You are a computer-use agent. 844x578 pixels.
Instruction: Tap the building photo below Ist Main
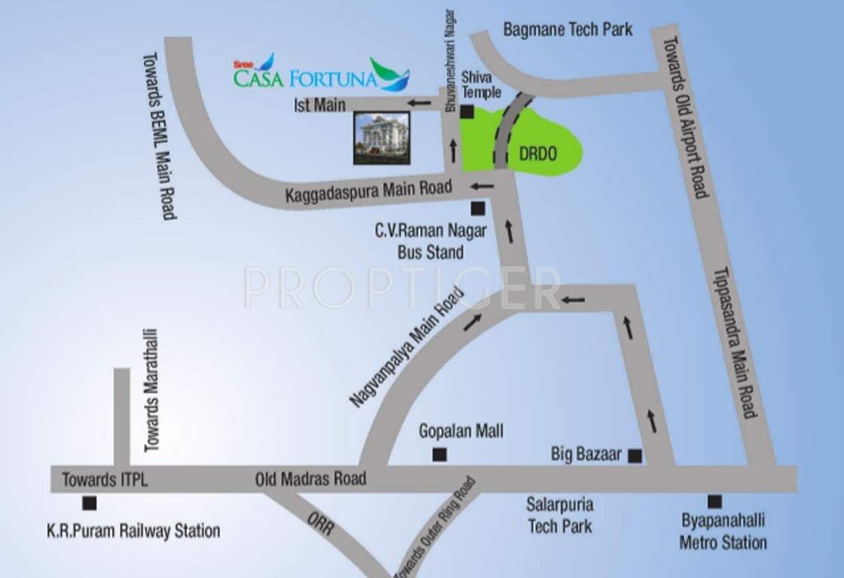pyautogui.click(x=382, y=138)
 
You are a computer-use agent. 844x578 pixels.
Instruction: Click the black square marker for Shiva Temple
pyautogui.click(x=467, y=113)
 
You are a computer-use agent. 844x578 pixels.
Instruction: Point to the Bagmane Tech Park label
pyautogui.click(x=567, y=30)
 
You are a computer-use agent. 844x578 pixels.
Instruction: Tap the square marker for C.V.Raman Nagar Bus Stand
pyautogui.click(x=476, y=208)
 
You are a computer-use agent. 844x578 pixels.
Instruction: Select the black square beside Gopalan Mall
pyautogui.click(x=439, y=455)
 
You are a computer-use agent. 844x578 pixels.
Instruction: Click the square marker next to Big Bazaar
pyautogui.click(x=635, y=455)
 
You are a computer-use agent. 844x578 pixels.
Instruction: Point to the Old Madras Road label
pyautogui.click(x=310, y=478)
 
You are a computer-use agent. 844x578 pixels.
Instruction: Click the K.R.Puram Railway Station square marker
pyautogui.click(x=90, y=503)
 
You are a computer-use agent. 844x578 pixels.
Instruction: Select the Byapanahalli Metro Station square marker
pyautogui.click(x=714, y=501)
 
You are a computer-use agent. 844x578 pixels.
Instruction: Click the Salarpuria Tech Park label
pyautogui.click(x=560, y=515)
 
